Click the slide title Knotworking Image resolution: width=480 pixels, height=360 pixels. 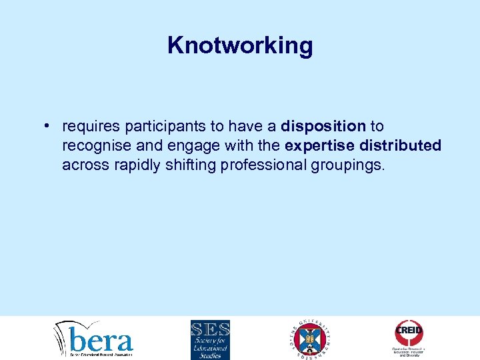tap(240, 45)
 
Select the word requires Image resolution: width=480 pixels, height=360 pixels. tap(87, 126)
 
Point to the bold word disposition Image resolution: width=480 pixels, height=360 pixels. tap(323, 126)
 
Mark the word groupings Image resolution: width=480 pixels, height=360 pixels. tap(349, 165)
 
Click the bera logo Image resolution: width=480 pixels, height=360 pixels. tap(94, 339)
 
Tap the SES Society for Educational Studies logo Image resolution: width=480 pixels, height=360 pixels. tap(210, 339)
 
